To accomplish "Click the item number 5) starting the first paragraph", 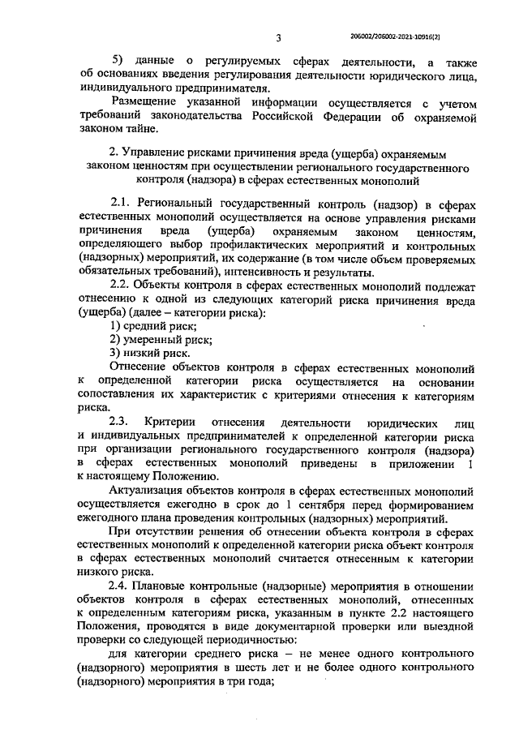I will click(118, 62).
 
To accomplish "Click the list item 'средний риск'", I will click(148, 326).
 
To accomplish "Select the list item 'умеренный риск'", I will click(154, 339).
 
